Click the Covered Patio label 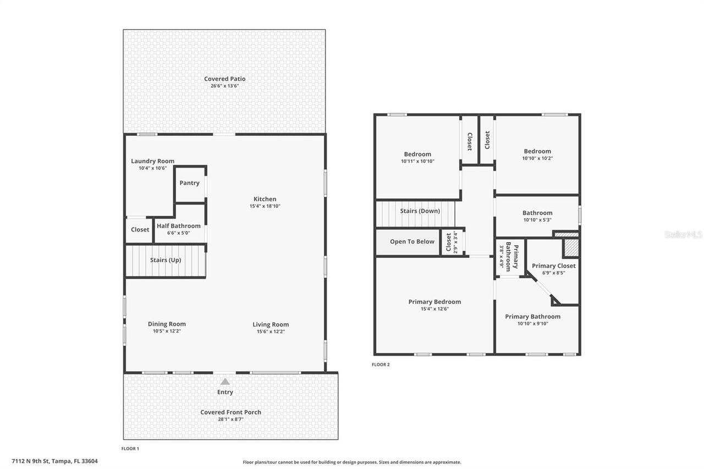tap(224, 79)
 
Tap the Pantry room tap(190, 183)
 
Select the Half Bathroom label tap(179, 226)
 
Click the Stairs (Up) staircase tap(166, 261)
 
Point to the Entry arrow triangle tap(224, 382)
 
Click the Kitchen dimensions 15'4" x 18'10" tap(265, 206)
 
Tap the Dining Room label tap(167, 324)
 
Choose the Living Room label tap(271, 324)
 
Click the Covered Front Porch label tap(230, 412)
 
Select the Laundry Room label tap(152, 161)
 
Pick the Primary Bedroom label tap(435, 302)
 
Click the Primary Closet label tap(553, 266)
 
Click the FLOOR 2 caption tap(381, 365)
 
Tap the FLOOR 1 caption tap(130, 449)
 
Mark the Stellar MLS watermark tap(683, 234)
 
